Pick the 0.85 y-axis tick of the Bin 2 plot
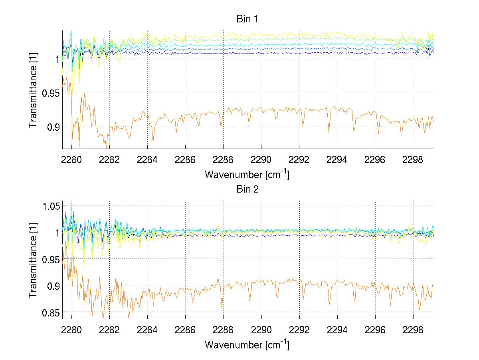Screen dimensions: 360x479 click(50, 312)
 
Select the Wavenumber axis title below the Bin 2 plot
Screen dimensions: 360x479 click(247, 344)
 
